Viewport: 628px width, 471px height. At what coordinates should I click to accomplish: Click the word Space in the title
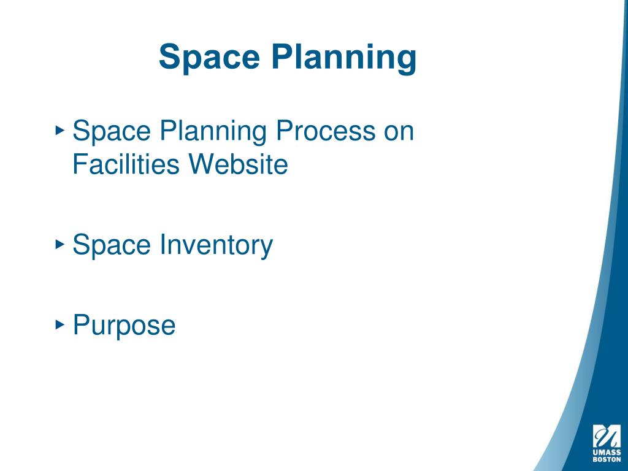click(206, 57)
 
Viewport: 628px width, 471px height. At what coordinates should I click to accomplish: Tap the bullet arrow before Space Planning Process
click(59, 130)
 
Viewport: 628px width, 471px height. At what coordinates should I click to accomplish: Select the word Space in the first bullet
click(111, 131)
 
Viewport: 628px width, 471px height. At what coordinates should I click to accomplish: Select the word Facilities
click(126, 164)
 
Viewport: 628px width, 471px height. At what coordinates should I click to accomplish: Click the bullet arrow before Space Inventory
click(59, 244)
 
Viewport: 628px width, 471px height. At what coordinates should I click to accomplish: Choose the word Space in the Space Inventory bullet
click(111, 245)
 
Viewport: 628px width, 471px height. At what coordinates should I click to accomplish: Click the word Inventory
click(216, 246)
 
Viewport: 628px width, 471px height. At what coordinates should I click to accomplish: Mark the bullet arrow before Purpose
click(59, 323)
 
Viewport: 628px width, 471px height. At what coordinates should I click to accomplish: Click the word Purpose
click(124, 326)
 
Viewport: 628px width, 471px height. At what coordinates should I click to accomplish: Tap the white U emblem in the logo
click(606, 436)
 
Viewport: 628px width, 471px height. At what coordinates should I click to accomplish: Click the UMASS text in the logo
click(606, 453)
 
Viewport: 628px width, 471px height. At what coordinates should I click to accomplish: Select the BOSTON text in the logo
click(606, 459)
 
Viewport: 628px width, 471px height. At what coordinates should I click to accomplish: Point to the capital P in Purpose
click(80, 324)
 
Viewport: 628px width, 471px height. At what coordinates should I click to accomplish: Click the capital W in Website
click(202, 164)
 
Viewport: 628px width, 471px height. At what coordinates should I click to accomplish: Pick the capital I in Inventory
click(163, 245)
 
